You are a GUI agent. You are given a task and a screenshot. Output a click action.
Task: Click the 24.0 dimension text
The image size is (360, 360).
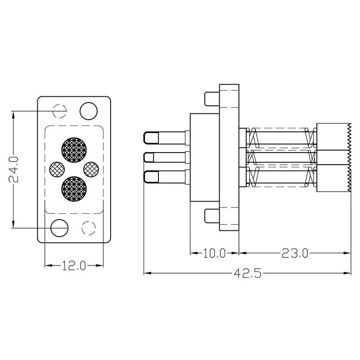tap(13, 169)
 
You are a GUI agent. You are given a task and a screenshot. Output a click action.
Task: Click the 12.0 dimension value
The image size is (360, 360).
tap(74, 266)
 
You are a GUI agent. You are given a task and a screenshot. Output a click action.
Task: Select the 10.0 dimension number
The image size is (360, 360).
tap(214, 253)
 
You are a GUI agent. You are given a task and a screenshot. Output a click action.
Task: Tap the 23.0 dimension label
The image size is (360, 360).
tap(295, 253)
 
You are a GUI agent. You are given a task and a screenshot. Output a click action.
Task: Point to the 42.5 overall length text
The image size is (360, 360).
tap(247, 273)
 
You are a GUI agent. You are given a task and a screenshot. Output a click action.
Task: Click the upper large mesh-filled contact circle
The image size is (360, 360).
tap(73, 149)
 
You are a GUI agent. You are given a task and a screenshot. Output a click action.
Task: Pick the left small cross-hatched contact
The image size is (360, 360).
tap(57, 169)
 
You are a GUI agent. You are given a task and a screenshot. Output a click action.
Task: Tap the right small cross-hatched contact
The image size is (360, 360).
tap(91, 169)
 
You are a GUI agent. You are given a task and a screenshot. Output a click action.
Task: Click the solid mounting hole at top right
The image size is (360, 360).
tap(88, 111)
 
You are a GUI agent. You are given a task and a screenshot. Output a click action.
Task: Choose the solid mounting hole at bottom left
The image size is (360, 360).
tap(59, 228)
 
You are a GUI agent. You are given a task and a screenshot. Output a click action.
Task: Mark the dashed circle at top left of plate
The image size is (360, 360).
tap(59, 111)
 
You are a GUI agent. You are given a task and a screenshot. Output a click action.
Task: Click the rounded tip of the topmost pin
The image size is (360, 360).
tap(147, 137)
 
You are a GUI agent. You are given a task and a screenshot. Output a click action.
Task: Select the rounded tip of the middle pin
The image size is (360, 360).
tap(147, 158)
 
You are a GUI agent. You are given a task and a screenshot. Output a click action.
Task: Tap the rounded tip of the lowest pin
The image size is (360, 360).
tap(147, 177)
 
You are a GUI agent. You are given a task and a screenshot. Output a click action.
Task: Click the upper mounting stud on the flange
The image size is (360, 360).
tap(211, 99)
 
